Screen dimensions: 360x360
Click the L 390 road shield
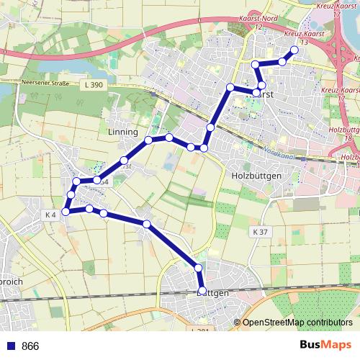[x=93, y=86]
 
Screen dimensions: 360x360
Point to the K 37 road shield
[x=260, y=232]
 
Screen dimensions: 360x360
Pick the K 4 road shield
[x=50, y=215]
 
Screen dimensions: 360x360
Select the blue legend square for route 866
[x=9, y=346]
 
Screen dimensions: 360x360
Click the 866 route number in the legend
[x=30, y=346]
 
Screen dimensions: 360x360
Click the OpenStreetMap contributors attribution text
[x=297, y=322]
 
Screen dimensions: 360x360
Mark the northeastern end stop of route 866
[x=294, y=50]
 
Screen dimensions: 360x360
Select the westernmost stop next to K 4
[x=66, y=212]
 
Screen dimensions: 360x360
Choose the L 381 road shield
[x=204, y=330]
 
